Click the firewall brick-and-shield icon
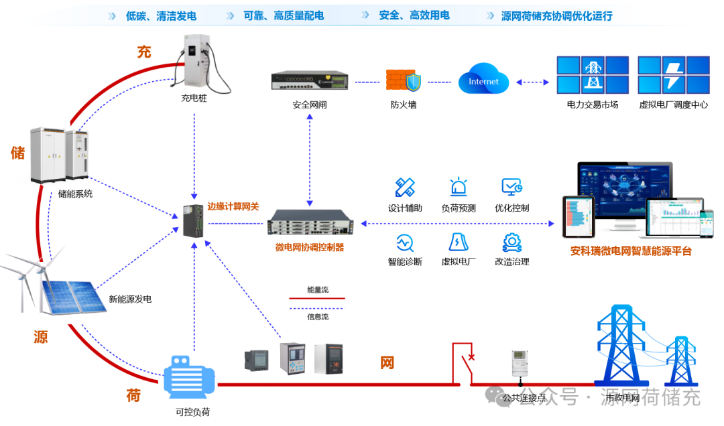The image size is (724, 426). pyautogui.click(x=404, y=81)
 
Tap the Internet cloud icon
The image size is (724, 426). pyautogui.click(x=483, y=82)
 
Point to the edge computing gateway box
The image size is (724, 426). pyautogui.click(x=194, y=222)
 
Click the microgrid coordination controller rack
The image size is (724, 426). pyautogui.click(x=310, y=222)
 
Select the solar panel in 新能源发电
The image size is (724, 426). pyautogui.click(x=70, y=297)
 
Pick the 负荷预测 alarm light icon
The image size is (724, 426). pyautogui.click(x=459, y=187)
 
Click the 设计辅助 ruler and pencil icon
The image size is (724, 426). pyautogui.click(x=405, y=187)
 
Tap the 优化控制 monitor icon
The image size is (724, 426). pyautogui.click(x=512, y=187)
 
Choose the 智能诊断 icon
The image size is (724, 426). pyautogui.click(x=404, y=241)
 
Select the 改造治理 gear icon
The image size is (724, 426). pyautogui.click(x=512, y=241)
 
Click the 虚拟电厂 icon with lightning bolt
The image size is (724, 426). pyautogui.click(x=459, y=241)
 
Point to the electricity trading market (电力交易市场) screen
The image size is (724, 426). pyautogui.click(x=593, y=74)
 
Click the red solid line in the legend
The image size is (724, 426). pyautogui.click(x=316, y=299)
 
